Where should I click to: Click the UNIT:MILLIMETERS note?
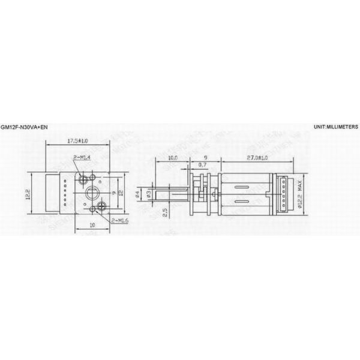tap(335, 128)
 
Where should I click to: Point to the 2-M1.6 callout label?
tap(119, 221)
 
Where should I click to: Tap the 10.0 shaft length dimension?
tap(173, 158)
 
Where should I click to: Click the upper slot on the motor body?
tap(242, 184)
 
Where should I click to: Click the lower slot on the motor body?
tap(242, 202)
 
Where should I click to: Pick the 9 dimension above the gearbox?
tap(205, 158)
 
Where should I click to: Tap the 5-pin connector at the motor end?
tap(280, 193)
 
